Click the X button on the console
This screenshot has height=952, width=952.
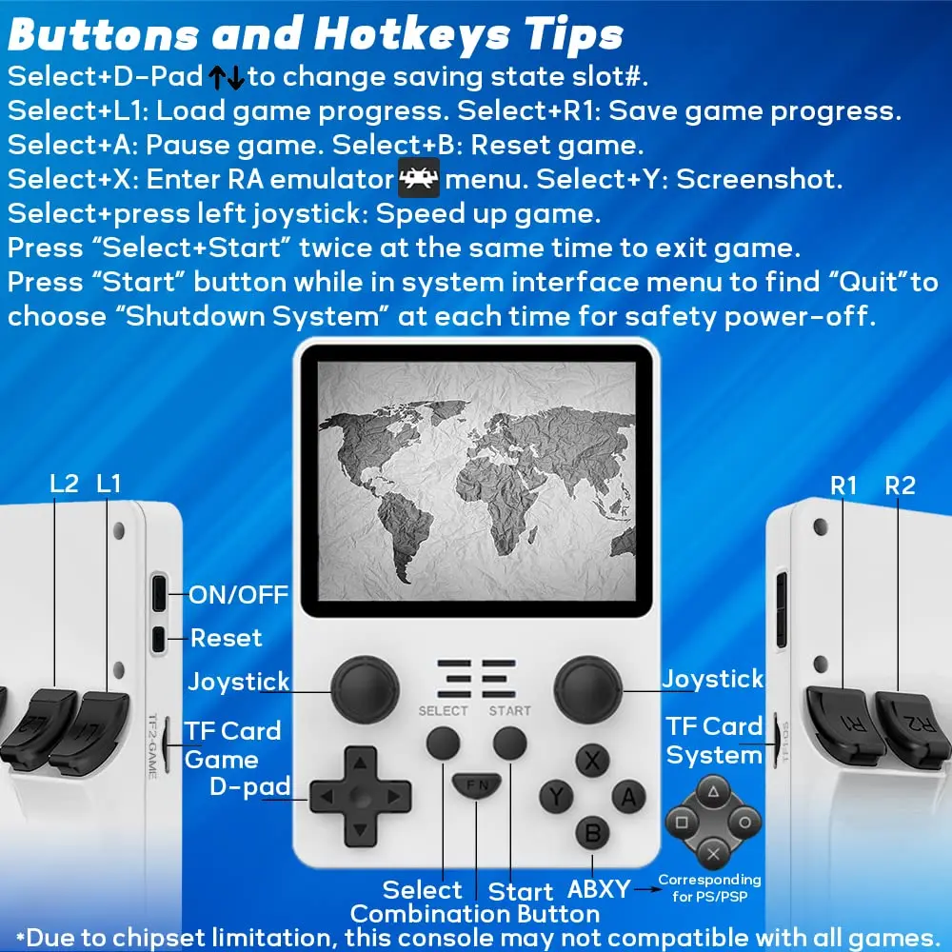[592, 760]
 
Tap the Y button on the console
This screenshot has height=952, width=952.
[556, 796]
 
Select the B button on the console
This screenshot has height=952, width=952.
[592, 833]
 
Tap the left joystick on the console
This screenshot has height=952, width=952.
[365, 689]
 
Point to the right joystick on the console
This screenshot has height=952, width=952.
[587, 689]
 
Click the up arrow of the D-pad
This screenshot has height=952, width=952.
[360, 763]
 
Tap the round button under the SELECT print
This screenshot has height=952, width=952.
[444, 743]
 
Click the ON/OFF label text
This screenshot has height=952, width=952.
[239, 595]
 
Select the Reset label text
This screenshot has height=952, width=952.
[226, 638]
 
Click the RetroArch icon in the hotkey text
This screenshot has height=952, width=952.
[418, 177]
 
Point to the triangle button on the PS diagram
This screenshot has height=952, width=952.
[713, 792]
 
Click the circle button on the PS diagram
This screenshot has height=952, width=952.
[744, 823]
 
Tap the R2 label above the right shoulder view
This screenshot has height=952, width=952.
[900, 486]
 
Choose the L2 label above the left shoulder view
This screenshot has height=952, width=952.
[65, 484]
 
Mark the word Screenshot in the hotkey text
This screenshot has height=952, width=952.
[759, 179]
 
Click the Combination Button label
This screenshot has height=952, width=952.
[475, 914]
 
